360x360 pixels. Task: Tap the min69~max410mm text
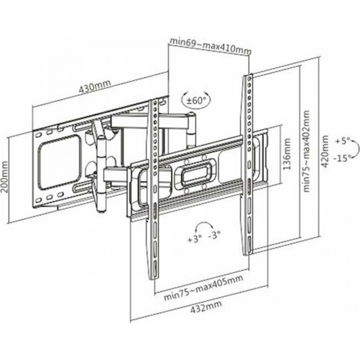(210, 46)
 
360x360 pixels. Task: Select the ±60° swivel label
(195, 100)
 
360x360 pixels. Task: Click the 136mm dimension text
(287, 154)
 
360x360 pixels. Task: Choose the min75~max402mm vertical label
(306, 151)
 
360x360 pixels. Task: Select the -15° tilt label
(342, 158)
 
